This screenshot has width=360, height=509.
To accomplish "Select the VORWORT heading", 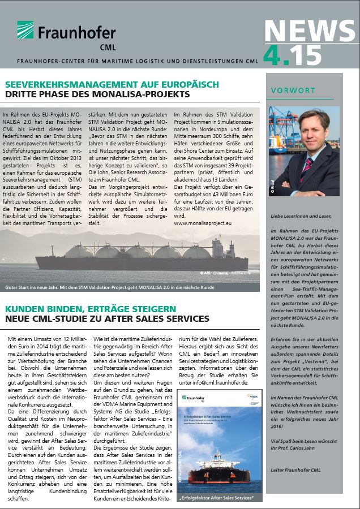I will coord(293,90).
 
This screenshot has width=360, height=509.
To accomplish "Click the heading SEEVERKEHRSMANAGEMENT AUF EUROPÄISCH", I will coord(112,84).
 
